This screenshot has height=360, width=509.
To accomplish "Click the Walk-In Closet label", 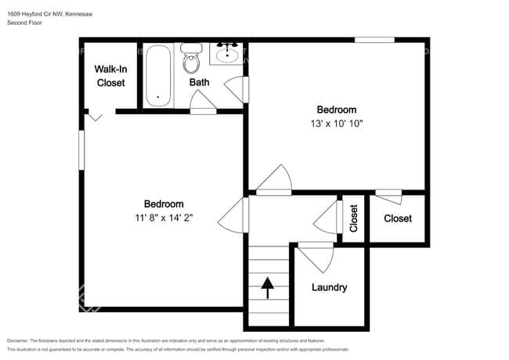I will tap(110, 76).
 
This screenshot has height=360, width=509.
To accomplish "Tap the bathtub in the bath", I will tap(158, 77).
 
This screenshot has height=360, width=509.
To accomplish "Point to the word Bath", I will tap(199, 82).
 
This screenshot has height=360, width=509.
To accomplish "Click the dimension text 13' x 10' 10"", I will tap(336, 124).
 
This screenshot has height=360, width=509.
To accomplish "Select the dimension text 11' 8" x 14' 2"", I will tap(164, 218).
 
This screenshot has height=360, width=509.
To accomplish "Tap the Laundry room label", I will tap(329, 287).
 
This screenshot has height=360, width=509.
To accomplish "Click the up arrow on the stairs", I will tap(268, 288).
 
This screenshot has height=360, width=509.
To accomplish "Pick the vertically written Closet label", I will tap(354, 218).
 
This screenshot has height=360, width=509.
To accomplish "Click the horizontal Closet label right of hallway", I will tap(398, 218).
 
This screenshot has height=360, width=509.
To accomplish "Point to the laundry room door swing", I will tap(316, 255).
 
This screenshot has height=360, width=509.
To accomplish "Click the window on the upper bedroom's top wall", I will tap(374, 40).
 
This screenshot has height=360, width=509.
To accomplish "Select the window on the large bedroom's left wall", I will tap(81, 149).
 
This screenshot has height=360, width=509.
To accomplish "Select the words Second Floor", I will tap(24, 23).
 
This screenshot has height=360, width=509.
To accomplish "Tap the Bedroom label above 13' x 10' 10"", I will tap(336, 110).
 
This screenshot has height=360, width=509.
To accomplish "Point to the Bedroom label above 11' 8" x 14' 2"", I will tap(164, 204).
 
